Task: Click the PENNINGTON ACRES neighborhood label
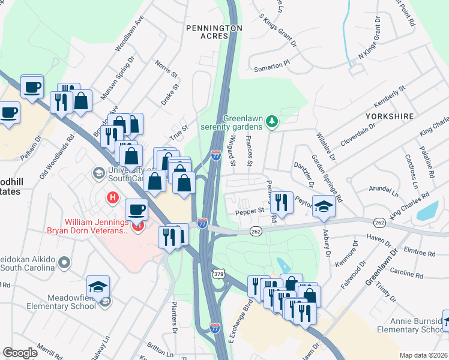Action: click(x=214, y=32)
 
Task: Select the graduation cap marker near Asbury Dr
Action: click(x=324, y=207)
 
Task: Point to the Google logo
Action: click(x=20, y=353)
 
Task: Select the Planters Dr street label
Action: click(x=174, y=317)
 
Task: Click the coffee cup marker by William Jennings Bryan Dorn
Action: click(x=137, y=209)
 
